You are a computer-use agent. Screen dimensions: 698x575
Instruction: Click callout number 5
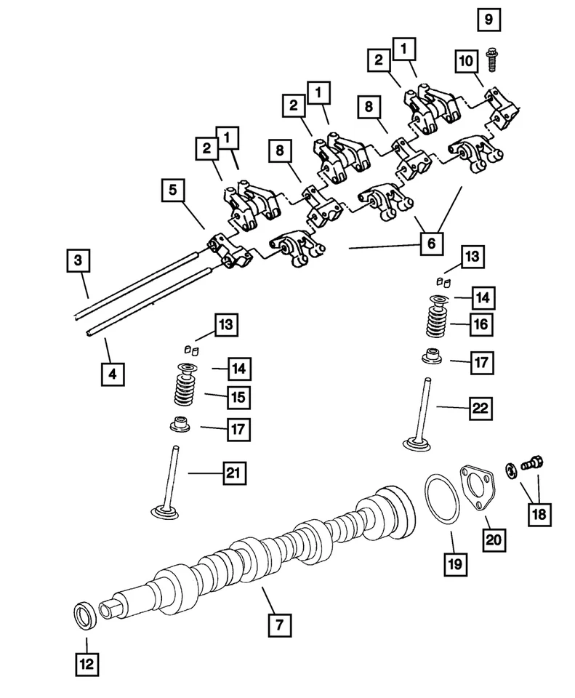pyautogui.click(x=172, y=190)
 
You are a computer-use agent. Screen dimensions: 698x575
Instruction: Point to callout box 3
pyautogui.click(x=79, y=260)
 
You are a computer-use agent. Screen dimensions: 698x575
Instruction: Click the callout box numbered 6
pyautogui.click(x=431, y=244)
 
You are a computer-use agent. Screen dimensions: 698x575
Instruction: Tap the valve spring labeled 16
pyautogui.click(x=435, y=321)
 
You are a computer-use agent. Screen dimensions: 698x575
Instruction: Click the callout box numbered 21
pyautogui.click(x=233, y=474)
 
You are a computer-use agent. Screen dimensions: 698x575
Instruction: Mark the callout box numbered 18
pyautogui.click(x=538, y=513)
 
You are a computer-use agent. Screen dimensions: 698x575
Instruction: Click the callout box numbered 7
pyautogui.click(x=279, y=624)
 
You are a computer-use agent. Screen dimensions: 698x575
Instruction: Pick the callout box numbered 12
pyautogui.click(x=87, y=663)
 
